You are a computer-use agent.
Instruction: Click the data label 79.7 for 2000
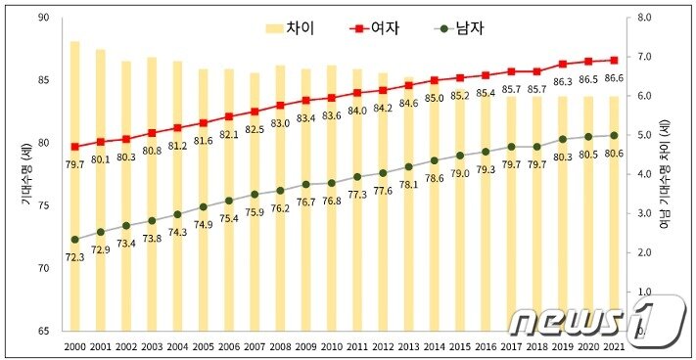(74, 163)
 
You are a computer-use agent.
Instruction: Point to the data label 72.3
(74, 256)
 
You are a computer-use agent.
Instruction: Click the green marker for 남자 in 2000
(74, 239)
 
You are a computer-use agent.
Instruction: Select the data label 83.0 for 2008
(280, 123)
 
